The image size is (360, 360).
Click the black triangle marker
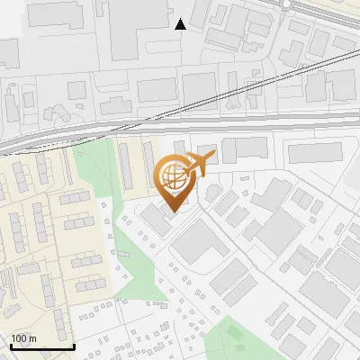tap(180, 24)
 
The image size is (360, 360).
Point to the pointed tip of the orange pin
tap(171, 210)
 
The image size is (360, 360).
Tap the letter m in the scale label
tap(33, 338)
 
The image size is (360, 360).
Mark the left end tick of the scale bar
tap(11, 345)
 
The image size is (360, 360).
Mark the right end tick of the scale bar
tap(73, 345)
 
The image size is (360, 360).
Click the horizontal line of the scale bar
tap(41, 347)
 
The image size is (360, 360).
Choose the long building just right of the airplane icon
tap(246, 149)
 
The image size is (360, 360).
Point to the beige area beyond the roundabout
tap(337, 11)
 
